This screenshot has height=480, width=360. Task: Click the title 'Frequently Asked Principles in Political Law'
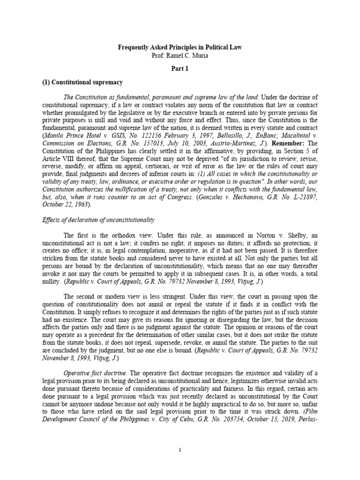(x=180, y=47)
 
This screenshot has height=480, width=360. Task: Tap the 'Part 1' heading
(x=180, y=68)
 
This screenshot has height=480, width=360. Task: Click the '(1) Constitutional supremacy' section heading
(x=82, y=82)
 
